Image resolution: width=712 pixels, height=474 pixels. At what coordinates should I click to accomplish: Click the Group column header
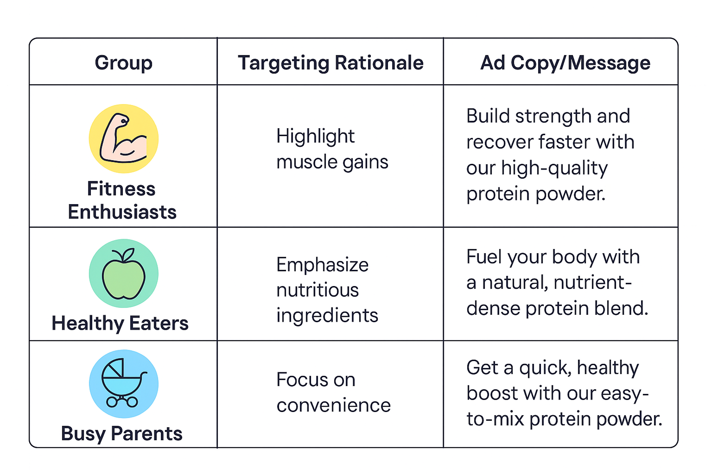pyautogui.click(x=123, y=62)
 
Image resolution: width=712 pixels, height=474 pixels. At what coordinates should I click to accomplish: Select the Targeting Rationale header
pyautogui.click(x=331, y=62)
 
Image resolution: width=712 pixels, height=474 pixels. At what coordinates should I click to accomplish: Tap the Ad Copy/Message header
pyautogui.click(x=565, y=62)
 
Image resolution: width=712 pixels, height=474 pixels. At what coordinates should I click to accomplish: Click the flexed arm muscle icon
pyautogui.click(x=123, y=138)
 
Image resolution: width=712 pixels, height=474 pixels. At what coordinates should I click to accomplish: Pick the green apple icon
pyautogui.click(x=123, y=274)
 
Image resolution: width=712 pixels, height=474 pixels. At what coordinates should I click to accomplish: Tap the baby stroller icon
pyautogui.click(x=123, y=384)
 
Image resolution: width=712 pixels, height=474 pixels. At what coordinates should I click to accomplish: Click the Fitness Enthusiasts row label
pyautogui.click(x=122, y=200)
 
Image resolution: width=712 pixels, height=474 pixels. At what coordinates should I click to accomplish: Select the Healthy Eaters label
pyautogui.click(x=120, y=323)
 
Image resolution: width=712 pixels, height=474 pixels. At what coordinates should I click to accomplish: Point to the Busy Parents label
pyautogui.click(x=121, y=434)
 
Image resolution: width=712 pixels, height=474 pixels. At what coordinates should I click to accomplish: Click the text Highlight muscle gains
pyautogui.click(x=332, y=149)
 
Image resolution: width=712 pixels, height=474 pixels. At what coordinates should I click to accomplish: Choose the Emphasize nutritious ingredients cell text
pyautogui.click(x=327, y=290)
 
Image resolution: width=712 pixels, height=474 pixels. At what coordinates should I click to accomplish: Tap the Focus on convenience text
pyautogui.click(x=333, y=393)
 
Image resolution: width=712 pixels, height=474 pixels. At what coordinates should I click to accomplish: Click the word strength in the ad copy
pyautogui.click(x=553, y=116)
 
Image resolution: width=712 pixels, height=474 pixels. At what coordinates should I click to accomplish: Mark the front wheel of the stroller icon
pyautogui.click(x=133, y=402)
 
